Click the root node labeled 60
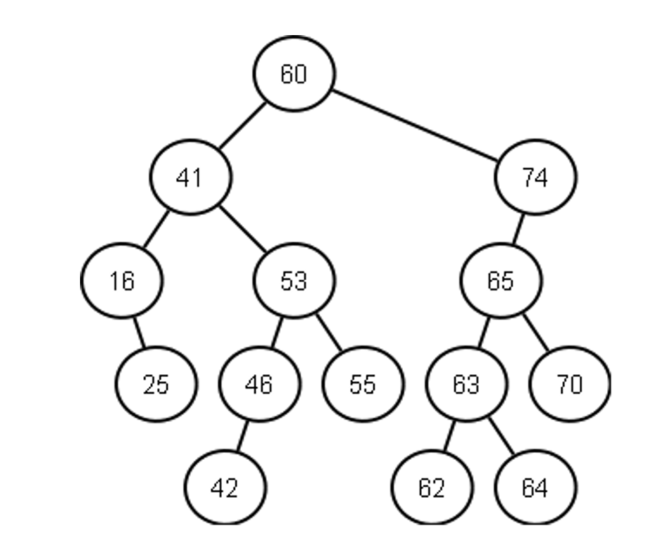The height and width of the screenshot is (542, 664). click(294, 74)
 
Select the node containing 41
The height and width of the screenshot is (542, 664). click(190, 178)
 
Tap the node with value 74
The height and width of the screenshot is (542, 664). click(535, 178)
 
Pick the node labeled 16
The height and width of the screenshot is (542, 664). click(121, 281)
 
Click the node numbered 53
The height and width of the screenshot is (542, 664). click(294, 281)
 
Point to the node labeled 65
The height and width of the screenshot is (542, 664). click(500, 281)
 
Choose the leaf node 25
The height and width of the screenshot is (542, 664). click(156, 384)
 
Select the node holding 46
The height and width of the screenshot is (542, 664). click(259, 384)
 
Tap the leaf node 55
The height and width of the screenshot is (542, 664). click(363, 384)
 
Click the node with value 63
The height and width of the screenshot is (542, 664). click(466, 384)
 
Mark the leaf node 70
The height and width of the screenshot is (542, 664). click(569, 384)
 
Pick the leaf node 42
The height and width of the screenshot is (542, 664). click(225, 487)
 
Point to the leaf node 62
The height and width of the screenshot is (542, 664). click(432, 487)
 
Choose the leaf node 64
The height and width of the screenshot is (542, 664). click(535, 487)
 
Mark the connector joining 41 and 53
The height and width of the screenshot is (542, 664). click(243, 229)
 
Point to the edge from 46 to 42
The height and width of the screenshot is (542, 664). click(242, 436)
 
